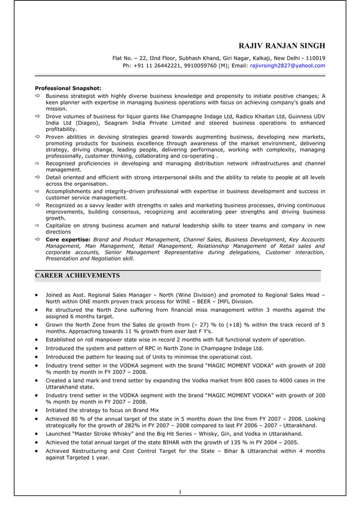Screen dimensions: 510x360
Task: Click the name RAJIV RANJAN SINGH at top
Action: tap(282, 46)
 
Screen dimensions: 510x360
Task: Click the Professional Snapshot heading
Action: tap(68, 88)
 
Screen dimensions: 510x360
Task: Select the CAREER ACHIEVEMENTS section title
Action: tap(77, 276)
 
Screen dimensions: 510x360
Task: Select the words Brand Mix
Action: tap(147, 409)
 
